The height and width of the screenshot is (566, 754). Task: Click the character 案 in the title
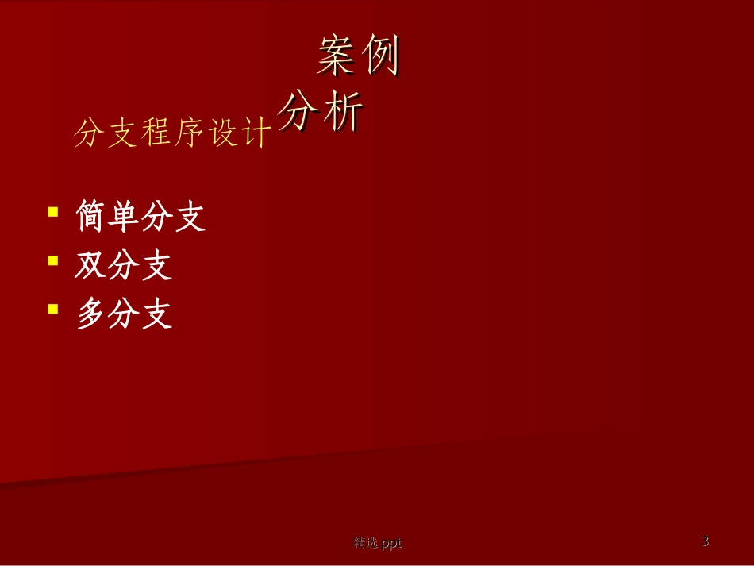337,56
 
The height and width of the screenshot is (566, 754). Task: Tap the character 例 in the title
381,56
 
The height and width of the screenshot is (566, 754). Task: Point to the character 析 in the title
343,112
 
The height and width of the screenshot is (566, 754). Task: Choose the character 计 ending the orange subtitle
256,133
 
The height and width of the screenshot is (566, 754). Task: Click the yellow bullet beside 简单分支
53,212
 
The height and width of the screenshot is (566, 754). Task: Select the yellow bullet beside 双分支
53,260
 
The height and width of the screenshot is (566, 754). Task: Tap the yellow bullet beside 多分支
53,308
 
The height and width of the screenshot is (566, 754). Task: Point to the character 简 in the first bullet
91,216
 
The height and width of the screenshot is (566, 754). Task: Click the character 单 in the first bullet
124,216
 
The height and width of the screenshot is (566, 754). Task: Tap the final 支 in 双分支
156,266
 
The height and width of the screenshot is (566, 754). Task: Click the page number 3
705,541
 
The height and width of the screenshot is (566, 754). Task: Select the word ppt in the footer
391,543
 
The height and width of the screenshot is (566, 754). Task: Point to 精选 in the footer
366,543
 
